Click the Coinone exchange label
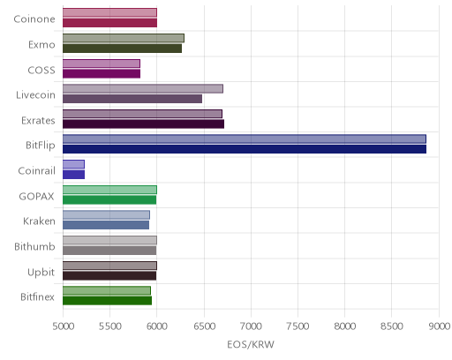[x=34, y=19]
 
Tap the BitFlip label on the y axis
[x=41, y=146]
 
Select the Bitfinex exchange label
[x=37, y=296]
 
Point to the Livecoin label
[x=35, y=95]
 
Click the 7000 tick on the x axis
[x=251, y=326]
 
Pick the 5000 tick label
[x=64, y=326]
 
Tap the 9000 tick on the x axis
[x=439, y=326]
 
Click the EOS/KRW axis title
[x=251, y=344]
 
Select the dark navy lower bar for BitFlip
[x=245, y=149]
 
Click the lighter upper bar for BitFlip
[x=245, y=139]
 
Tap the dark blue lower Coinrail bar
[x=74, y=175]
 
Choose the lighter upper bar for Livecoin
[x=143, y=88]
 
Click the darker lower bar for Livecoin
[x=132, y=99]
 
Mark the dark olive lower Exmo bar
[x=123, y=49]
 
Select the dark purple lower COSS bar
[x=102, y=73]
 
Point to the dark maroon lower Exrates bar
[x=144, y=124]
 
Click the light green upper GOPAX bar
[x=110, y=190]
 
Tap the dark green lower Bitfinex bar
[x=108, y=301]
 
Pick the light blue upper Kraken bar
[x=107, y=214]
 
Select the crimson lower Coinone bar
[x=110, y=23]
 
